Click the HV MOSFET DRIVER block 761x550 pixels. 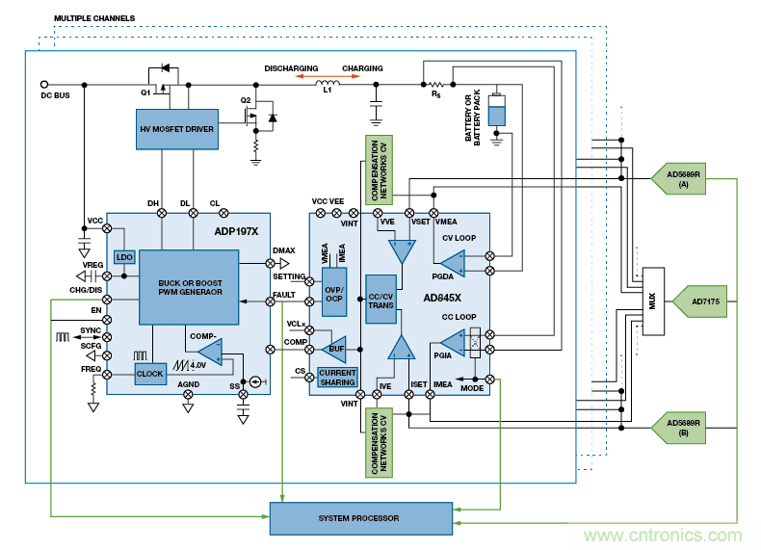click(x=176, y=129)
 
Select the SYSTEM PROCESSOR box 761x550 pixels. click(x=360, y=518)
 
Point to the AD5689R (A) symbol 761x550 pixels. click(x=681, y=177)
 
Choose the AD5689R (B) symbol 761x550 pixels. click(x=681, y=425)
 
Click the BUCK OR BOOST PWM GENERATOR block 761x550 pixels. click(x=189, y=286)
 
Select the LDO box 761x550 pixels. click(x=124, y=257)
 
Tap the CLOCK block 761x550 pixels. click(x=150, y=373)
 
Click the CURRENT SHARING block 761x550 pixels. click(x=337, y=377)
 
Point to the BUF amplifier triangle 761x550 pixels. click(x=335, y=349)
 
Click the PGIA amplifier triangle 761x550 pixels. click(x=452, y=342)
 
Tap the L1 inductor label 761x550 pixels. click(x=328, y=90)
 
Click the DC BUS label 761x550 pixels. click(x=55, y=95)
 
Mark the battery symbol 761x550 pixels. click(x=497, y=112)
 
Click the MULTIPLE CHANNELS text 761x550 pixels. click(x=94, y=17)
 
